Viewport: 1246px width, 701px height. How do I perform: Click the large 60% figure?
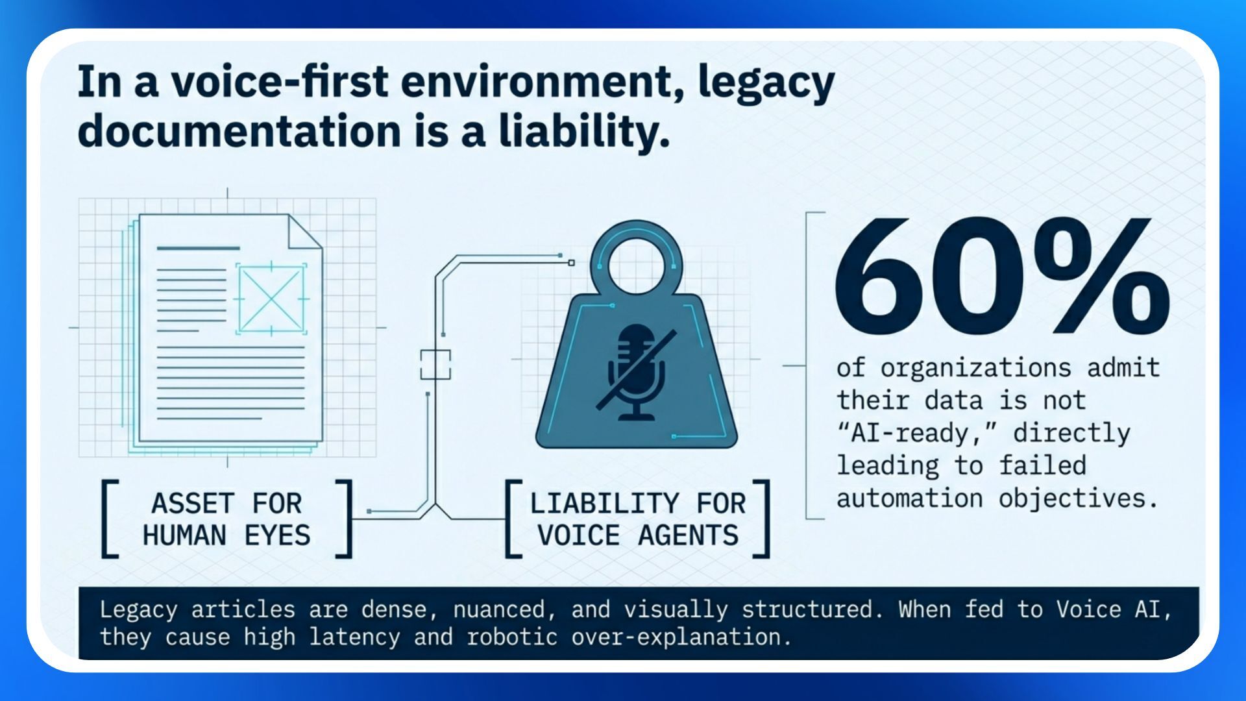coord(1001,276)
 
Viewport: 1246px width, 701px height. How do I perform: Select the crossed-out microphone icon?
coord(636,373)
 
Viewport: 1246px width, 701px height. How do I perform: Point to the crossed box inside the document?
coord(271,299)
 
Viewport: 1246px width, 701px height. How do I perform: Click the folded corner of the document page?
coord(306,232)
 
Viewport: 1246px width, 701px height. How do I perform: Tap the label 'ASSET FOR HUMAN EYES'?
coord(226,519)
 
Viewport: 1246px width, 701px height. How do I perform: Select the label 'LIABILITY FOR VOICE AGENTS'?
coord(638,519)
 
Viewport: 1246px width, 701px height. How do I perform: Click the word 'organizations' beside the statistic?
coord(975,368)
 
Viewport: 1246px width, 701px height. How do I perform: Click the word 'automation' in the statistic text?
coord(909,498)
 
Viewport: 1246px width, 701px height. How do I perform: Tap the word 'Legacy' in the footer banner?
coord(138,609)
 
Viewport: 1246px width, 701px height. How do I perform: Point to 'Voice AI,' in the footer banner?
coord(1114,609)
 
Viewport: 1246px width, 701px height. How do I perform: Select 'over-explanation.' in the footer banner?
coord(681,637)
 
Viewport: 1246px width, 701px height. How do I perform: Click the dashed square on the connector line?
coord(435,364)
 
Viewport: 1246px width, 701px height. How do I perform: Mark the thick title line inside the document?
coord(198,248)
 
